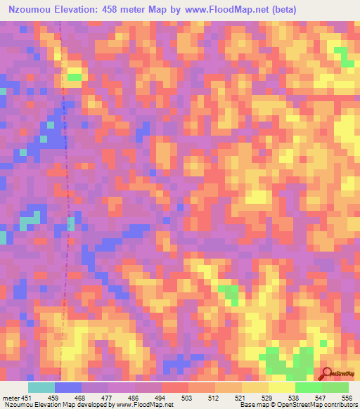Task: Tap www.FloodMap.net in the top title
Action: [x=219, y=10]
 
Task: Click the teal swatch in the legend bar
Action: [x=41, y=387]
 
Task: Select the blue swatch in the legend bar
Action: [x=68, y=387]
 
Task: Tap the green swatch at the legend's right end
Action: [x=335, y=387]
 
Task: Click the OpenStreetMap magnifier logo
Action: [x=326, y=373]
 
